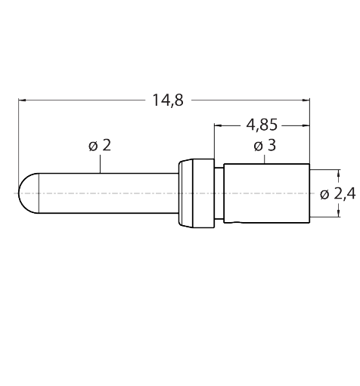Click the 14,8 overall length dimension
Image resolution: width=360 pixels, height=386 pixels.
click(168, 100)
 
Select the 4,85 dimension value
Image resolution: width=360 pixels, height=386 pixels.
click(262, 125)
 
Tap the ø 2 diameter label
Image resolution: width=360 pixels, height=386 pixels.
click(100, 146)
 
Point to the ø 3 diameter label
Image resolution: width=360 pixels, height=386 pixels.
click(265, 146)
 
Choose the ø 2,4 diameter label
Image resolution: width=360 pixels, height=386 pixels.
click(338, 194)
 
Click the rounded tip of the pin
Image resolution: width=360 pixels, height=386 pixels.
click(29, 193)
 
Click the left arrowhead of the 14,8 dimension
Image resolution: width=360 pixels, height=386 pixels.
click(22, 100)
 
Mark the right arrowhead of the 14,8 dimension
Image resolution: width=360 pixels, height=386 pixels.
click(306, 100)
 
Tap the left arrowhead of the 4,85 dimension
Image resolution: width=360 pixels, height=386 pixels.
click(218, 125)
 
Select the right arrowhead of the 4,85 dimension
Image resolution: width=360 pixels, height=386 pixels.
click(306, 125)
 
